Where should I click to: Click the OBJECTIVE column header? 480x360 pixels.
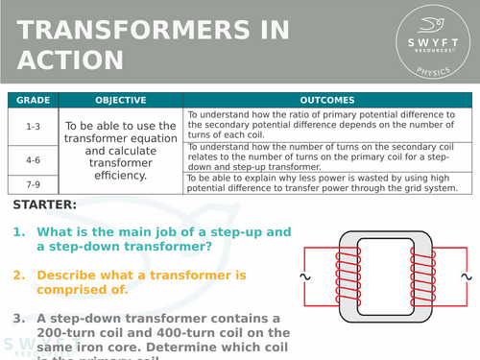121,100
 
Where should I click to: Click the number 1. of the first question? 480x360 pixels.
19,233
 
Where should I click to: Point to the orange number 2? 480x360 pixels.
19,276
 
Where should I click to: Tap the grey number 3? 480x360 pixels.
19,319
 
